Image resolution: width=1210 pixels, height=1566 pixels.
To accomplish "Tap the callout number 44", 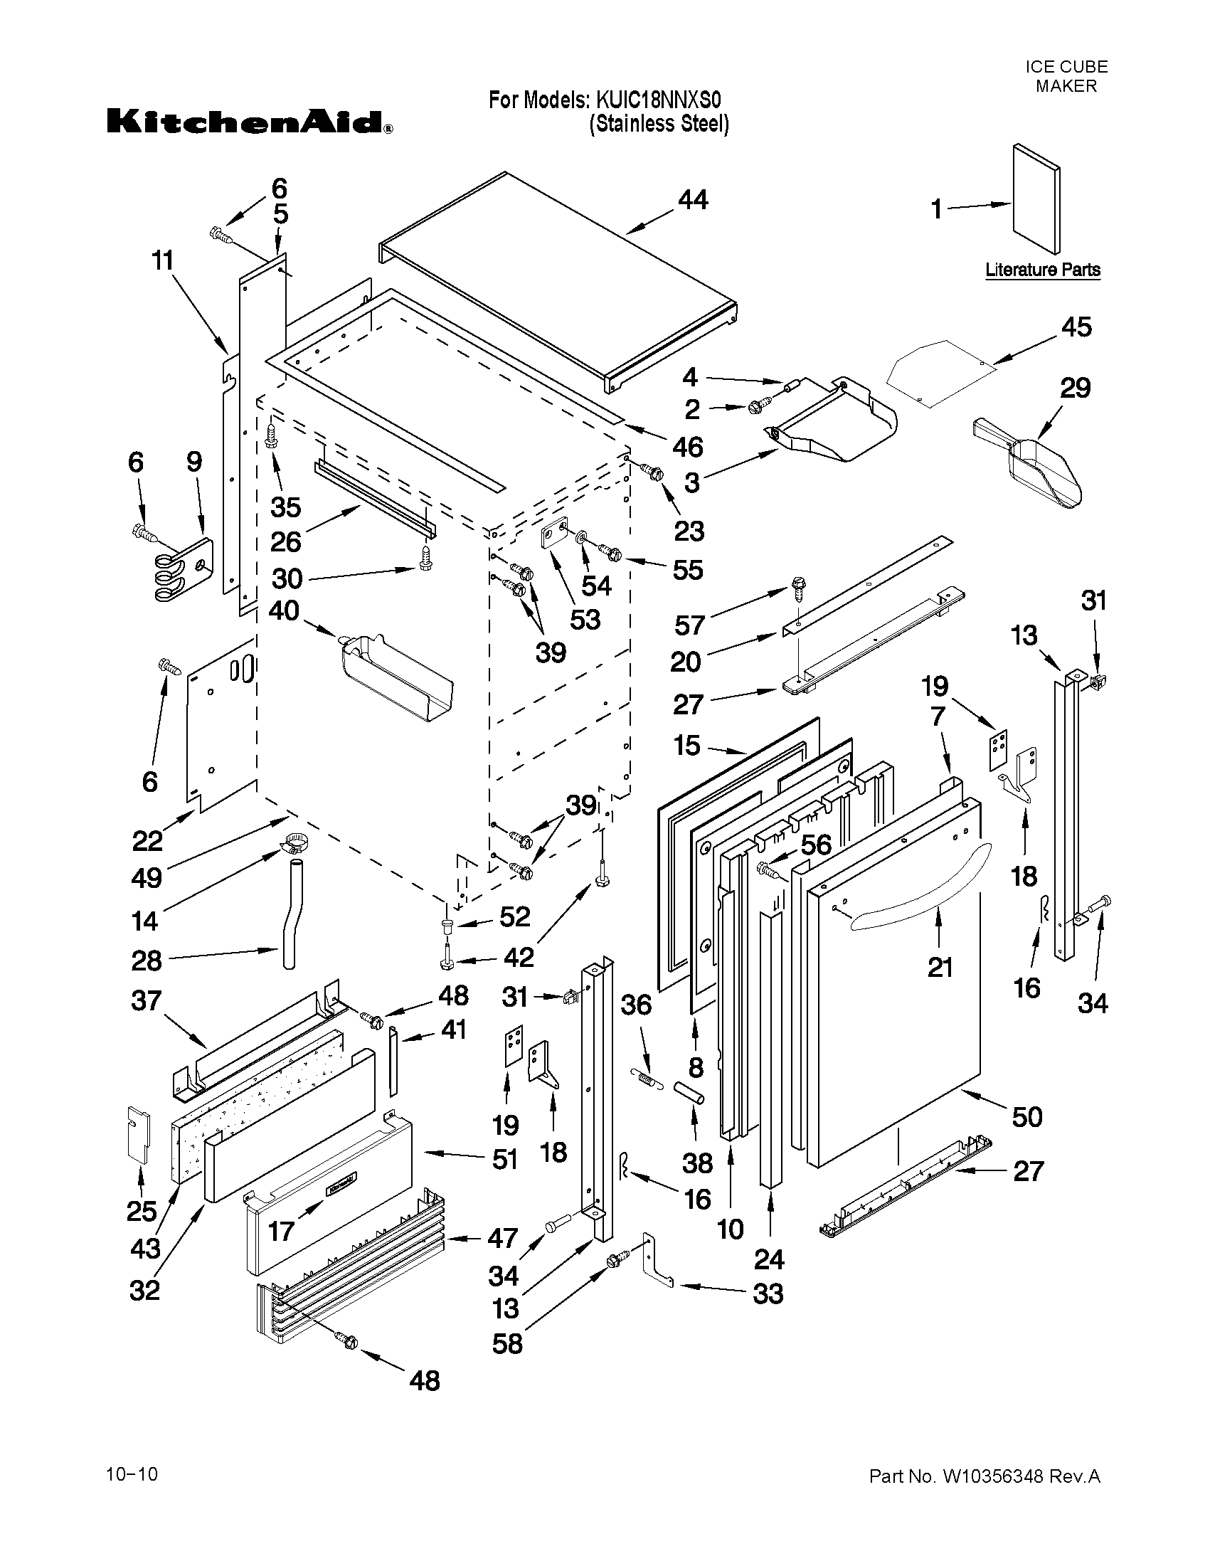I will (692, 200).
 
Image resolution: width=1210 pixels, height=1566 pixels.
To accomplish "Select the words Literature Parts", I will (1042, 270).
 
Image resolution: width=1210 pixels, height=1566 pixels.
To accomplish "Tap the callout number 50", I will (1026, 1116).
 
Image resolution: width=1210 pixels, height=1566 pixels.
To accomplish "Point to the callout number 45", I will (1076, 327).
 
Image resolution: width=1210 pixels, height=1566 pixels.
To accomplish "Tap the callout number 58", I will (506, 1343).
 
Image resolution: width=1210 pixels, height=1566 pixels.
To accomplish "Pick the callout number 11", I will (163, 260).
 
